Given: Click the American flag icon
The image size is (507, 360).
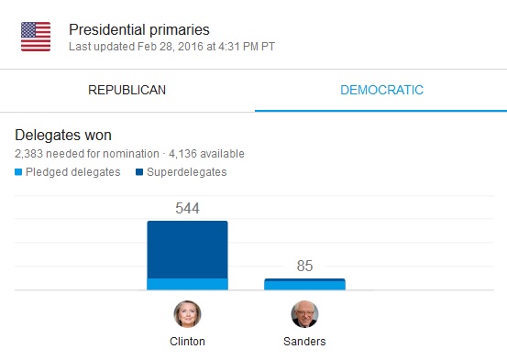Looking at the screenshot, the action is click(36, 37).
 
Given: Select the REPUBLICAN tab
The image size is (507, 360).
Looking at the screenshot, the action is click(127, 90).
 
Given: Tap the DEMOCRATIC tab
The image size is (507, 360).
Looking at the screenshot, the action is click(381, 90).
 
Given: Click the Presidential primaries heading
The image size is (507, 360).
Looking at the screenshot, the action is click(139, 29).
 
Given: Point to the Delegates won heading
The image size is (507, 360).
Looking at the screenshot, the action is click(63, 135).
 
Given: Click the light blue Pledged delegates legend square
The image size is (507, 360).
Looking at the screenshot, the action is click(18, 172).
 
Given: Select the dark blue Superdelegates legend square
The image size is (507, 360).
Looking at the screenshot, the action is click(139, 172).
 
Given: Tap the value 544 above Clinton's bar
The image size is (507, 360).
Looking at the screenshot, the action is click(188, 208).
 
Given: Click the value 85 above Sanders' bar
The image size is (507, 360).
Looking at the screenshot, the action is click(304, 266).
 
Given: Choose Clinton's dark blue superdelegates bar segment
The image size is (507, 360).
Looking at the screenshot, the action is click(188, 250).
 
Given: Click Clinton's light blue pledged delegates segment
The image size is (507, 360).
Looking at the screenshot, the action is click(188, 284).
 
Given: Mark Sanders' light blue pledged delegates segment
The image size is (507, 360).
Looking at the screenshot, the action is click(304, 286).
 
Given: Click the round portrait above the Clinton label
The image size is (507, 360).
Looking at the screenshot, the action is click(188, 314).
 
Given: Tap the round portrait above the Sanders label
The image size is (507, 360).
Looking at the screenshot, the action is click(304, 314).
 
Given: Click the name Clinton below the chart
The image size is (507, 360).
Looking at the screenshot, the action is click(188, 342).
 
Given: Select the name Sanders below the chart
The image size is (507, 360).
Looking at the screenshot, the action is click(304, 342).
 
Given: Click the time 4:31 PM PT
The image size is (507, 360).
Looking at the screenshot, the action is click(247, 47).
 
